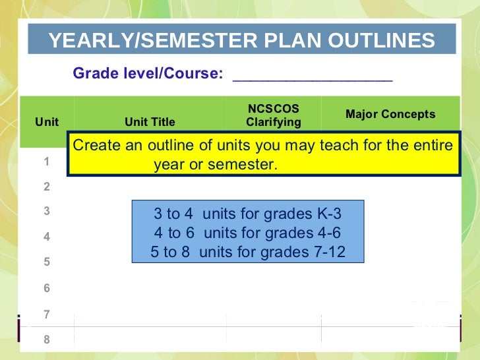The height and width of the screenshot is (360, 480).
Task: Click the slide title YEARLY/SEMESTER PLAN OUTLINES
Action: tap(241, 41)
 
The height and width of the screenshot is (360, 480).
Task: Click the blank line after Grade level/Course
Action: tap(313, 75)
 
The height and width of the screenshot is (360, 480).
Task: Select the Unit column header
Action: tap(47, 122)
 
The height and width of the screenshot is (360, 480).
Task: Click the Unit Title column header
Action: tap(150, 122)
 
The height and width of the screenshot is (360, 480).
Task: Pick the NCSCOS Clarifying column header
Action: tap(273, 115)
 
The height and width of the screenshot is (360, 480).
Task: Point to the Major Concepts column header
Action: tap(390, 115)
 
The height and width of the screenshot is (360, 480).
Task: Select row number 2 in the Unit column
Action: tap(47, 187)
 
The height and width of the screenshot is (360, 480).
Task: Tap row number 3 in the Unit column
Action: tap(47, 212)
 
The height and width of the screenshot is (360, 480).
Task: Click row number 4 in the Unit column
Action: tap(47, 237)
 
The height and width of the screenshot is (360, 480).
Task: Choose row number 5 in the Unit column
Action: tap(47, 262)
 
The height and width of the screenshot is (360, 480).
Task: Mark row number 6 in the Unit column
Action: tap(47, 288)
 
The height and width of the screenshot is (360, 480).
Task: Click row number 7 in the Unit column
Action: tap(47, 315)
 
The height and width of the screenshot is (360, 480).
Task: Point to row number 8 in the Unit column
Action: tap(47, 340)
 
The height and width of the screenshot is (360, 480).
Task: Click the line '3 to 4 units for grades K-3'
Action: tap(248, 214)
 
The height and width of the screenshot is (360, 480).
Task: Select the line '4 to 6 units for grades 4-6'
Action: tap(248, 233)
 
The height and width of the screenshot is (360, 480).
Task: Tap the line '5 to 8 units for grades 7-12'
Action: tap(248, 252)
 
